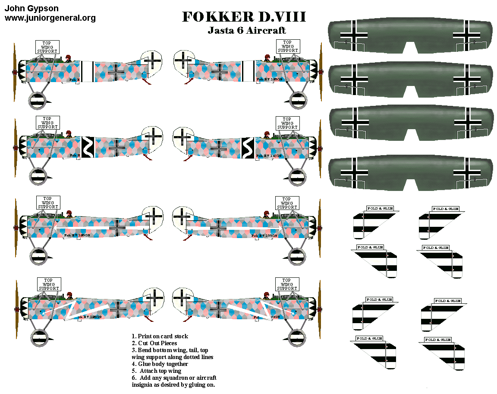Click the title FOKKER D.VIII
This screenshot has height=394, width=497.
[x=244, y=17]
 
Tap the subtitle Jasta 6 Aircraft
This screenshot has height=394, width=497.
[x=247, y=31]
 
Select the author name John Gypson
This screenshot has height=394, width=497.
[x=31, y=8]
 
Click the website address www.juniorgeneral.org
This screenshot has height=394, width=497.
[x=50, y=18]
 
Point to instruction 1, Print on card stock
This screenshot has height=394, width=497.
[x=160, y=336]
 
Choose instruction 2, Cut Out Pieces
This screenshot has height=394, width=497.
[x=154, y=343]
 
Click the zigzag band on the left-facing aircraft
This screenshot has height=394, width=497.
[x=88, y=147]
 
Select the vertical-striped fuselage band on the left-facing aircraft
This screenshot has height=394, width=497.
[x=88, y=71]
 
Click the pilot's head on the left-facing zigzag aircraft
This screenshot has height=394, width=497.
[x=69, y=133]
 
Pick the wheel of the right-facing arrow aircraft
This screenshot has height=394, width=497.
[x=297, y=256]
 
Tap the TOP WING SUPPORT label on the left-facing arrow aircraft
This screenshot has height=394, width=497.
[x=48, y=203]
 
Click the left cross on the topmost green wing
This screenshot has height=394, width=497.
[x=354, y=35]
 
